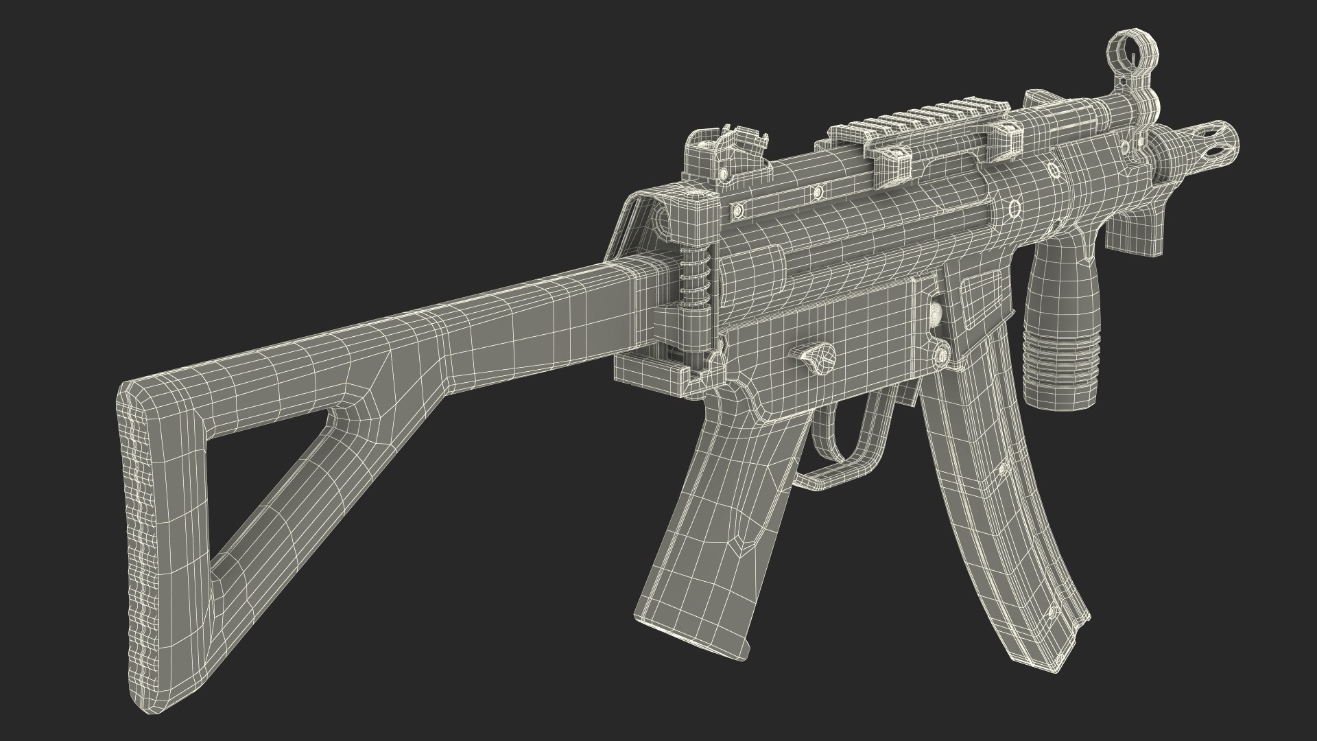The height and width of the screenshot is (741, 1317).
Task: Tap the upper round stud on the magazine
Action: point(1001,469)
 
